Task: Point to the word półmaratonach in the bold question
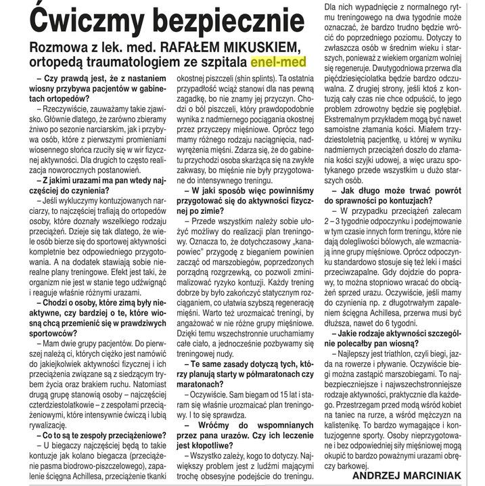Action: (269, 374)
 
